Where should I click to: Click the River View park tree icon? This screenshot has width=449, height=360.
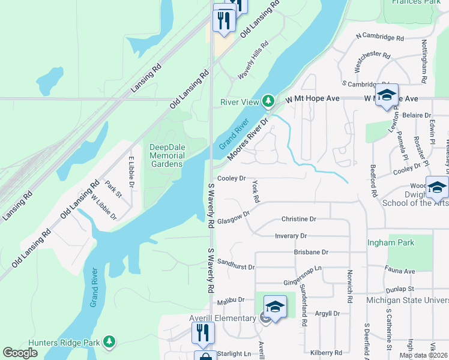pyautogui.click(x=270, y=101)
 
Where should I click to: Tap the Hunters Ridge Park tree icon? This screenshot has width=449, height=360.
pyautogui.click(x=109, y=341)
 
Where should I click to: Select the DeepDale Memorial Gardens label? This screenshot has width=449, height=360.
pyautogui.click(x=167, y=155)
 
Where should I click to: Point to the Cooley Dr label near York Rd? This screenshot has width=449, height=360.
pyautogui.click(x=232, y=179)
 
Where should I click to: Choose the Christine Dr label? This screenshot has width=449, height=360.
pyautogui.click(x=298, y=220)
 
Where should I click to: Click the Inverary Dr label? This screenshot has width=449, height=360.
pyautogui.click(x=291, y=236)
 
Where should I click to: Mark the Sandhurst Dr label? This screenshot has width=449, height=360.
pyautogui.click(x=236, y=265)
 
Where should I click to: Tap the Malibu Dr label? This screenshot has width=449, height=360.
pyautogui.click(x=231, y=299)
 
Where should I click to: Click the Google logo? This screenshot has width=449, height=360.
pyautogui.click(x=20, y=353)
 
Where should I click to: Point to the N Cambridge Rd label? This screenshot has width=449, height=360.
pyautogui.click(x=379, y=37)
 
